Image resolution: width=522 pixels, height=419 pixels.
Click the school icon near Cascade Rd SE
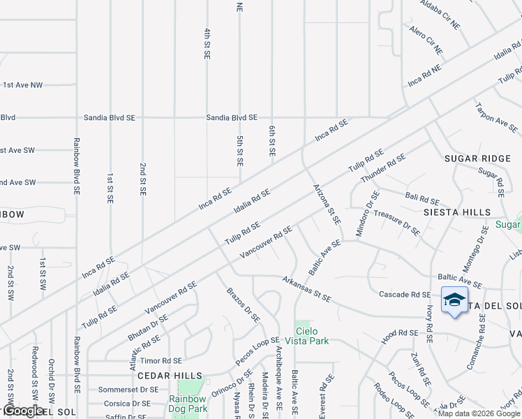coord(454,300)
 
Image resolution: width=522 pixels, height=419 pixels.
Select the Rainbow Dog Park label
coord(188,404)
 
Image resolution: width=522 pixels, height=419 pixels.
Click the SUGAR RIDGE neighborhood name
coord(474,159)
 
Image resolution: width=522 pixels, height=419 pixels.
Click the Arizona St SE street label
coord(327,203)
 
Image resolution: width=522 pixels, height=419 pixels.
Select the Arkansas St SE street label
coord(306,288)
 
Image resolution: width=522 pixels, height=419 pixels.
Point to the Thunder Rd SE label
coord(383,168)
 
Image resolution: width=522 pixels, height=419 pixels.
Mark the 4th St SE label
coord(207,43)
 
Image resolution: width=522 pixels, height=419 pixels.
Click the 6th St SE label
coord(272,141)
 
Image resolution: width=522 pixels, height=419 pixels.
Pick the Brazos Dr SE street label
coord(243,304)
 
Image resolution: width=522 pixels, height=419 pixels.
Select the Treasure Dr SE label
coord(396,222)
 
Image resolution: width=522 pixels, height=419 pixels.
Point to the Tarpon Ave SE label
coord(496,118)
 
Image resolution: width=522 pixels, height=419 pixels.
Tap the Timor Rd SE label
coord(161,361)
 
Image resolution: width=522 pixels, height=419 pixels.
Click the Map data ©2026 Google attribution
coord(479,413)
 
